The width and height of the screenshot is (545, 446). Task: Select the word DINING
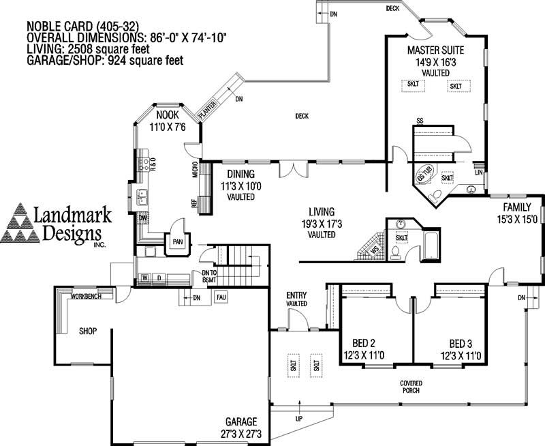point(240,174)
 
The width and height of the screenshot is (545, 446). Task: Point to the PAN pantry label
point(178,241)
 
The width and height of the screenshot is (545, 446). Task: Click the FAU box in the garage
point(221,297)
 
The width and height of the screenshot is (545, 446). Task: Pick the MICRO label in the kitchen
point(196,169)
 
